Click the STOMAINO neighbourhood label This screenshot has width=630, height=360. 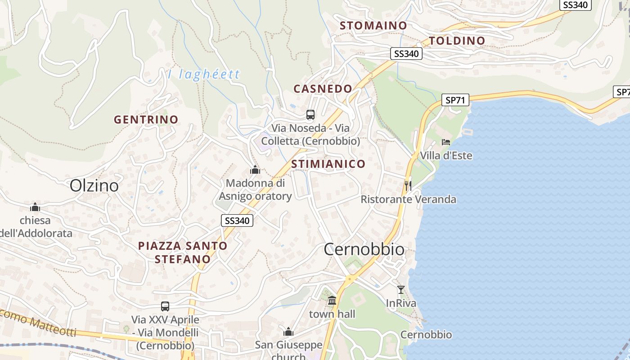[x=373, y=26]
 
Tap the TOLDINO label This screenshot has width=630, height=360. [x=457, y=41]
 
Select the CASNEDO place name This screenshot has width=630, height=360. [x=323, y=89]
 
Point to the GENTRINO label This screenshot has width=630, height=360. [x=146, y=120]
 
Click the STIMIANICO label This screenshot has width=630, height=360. [x=328, y=164]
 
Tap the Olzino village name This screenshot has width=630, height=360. [x=94, y=185]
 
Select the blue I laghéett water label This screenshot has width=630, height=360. [x=204, y=74]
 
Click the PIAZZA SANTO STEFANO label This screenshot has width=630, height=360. [x=183, y=252]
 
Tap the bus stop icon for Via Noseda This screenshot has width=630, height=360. [x=310, y=114]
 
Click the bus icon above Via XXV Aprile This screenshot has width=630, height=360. [x=165, y=306]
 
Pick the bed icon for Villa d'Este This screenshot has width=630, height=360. [x=445, y=142]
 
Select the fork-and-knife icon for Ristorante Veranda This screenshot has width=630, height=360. [x=408, y=185]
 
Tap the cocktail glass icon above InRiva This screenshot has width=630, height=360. [x=401, y=289]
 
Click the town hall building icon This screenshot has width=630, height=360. [x=332, y=300]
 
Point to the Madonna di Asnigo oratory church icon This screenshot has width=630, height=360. [x=255, y=170]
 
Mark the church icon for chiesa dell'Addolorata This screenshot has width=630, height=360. [x=35, y=207]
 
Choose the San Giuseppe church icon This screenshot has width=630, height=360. [x=288, y=332]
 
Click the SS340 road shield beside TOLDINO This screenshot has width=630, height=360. [x=406, y=54]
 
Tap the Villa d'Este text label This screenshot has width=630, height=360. [x=446, y=156]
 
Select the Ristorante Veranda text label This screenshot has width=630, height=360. [x=408, y=199]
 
